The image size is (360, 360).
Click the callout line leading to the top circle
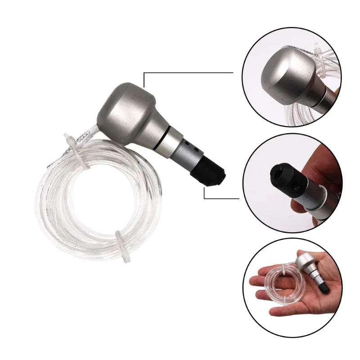(189, 72)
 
